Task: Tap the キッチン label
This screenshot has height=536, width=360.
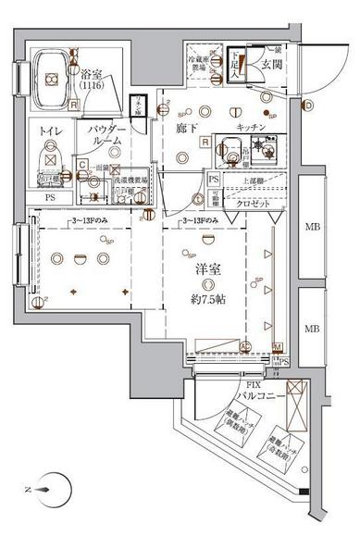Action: click(x=251, y=126)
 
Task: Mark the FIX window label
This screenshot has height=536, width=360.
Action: click(x=242, y=381)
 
